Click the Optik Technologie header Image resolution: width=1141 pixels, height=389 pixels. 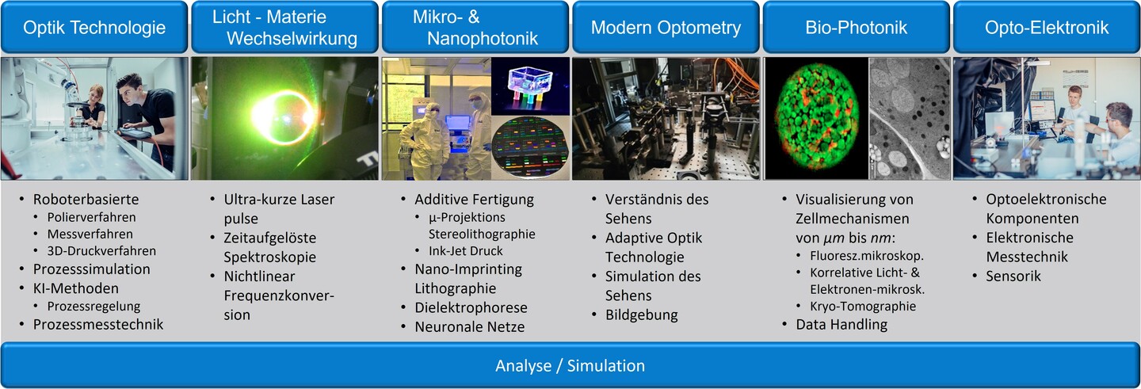pyautogui.click(x=94, y=28)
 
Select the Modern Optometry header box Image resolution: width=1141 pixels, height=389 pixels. pyautogui.click(x=666, y=28)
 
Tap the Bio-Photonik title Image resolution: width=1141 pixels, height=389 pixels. pyautogui.click(x=857, y=28)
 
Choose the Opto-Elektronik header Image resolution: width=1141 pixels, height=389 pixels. pyautogui.click(x=1047, y=28)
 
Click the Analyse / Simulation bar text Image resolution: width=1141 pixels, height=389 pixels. pyautogui.click(x=570, y=365)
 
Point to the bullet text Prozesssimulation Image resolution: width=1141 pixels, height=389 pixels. pyautogui.click(x=92, y=269)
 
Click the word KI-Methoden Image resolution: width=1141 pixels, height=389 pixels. pyautogui.click(x=76, y=288)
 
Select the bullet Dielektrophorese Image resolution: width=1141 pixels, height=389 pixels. pyautogui.click(x=471, y=307)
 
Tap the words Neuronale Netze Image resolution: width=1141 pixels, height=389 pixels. pyautogui.click(x=470, y=327)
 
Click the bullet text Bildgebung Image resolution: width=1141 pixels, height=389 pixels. pyautogui.click(x=641, y=315)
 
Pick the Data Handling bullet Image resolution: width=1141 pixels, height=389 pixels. pyautogui.click(x=841, y=324)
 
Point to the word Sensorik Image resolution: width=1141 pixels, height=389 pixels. pyautogui.click(x=1013, y=276)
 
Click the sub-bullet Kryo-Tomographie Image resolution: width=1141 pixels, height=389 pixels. pyautogui.click(x=863, y=306)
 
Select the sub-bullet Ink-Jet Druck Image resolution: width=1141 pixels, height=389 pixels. pyautogui.click(x=466, y=251)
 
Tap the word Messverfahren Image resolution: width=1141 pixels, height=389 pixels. pyautogui.click(x=90, y=235)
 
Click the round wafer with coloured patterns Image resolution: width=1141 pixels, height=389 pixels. pyautogui.click(x=530, y=148)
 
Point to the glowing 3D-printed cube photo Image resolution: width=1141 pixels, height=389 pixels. pyautogui.click(x=530, y=86)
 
